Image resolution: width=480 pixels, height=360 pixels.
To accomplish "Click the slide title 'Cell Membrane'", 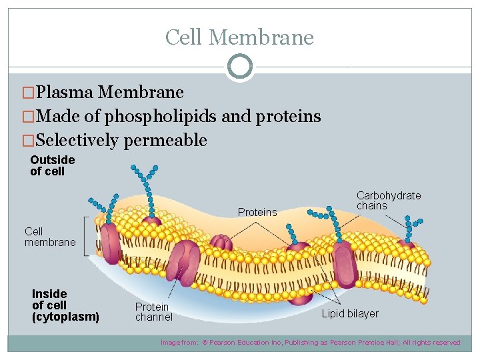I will pyautogui.click(x=239, y=37).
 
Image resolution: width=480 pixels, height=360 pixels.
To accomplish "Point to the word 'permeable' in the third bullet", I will pyautogui.click(x=171, y=141).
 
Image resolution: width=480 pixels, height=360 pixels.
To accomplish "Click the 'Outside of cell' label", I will pyautogui.click(x=53, y=165).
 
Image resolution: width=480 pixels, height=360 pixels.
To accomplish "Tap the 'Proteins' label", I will pyautogui.click(x=257, y=212).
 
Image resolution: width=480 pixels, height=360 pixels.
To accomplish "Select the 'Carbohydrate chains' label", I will pyautogui.click(x=388, y=201).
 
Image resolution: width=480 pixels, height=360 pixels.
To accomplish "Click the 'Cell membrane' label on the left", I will pyautogui.click(x=50, y=237).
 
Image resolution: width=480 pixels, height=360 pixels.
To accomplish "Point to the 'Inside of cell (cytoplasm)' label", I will pyautogui.click(x=65, y=305).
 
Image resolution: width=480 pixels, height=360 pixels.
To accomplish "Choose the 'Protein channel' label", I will pyautogui.click(x=153, y=312).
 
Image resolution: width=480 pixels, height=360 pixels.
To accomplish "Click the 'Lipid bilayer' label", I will pyautogui.click(x=350, y=313).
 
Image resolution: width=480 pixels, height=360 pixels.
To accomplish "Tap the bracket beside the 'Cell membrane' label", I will pyautogui.click(x=85, y=235).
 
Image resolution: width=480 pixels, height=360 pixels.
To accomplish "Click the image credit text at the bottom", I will pyautogui.click(x=310, y=343).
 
